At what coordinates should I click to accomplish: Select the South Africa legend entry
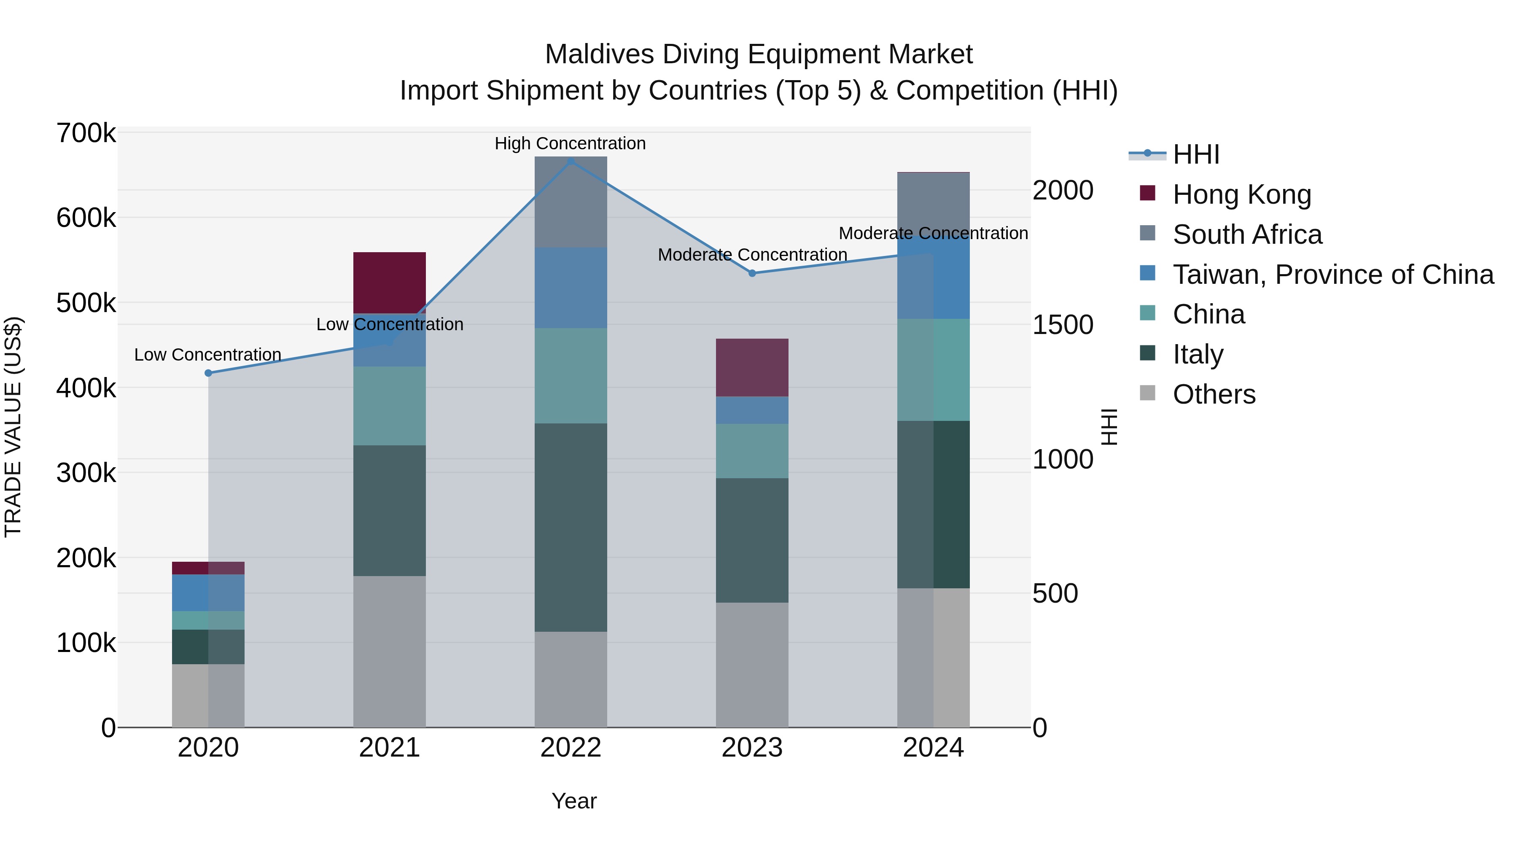(1247, 234)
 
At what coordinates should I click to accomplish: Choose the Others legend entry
(1214, 394)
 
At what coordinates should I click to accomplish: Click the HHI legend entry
(1196, 154)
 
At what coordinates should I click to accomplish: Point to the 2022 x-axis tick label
(571, 748)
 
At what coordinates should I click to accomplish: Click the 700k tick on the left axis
(86, 133)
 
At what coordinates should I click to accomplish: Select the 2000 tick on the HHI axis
(1063, 190)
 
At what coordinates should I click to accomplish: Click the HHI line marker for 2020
(208, 373)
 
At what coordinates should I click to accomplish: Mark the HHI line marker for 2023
(752, 273)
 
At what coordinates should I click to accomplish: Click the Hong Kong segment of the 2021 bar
(390, 282)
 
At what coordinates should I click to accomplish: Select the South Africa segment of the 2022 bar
(571, 202)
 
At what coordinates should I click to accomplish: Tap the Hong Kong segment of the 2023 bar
(752, 367)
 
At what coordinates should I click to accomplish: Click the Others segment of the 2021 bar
(390, 651)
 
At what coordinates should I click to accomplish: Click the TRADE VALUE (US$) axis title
(13, 427)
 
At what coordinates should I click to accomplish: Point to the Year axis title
(574, 801)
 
